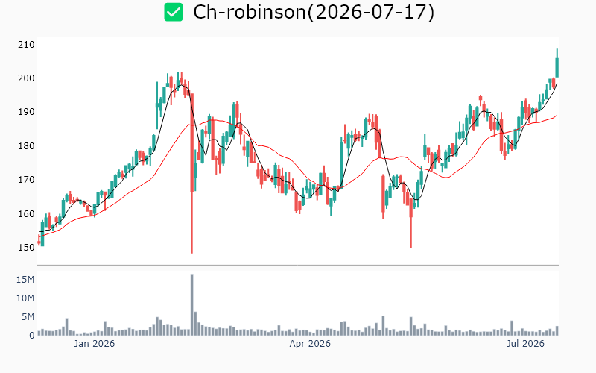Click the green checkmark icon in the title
[x=174, y=12]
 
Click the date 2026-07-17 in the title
[x=371, y=12]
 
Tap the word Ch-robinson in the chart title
[x=250, y=12]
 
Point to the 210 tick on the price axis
[x=26, y=45]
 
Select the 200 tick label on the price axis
[x=26, y=78]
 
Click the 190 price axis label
[x=26, y=112]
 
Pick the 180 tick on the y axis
[x=26, y=145]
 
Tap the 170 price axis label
[x=26, y=179]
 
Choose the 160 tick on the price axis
[x=26, y=213]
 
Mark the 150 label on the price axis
[x=26, y=248]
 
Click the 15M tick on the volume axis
[x=25, y=280]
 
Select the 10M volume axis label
[x=25, y=298]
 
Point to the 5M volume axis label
[x=28, y=317]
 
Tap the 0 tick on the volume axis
[x=32, y=336]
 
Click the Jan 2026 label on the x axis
[x=95, y=344]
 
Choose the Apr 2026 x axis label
[x=310, y=344]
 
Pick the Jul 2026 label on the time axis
[x=525, y=344]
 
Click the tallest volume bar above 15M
[x=192, y=304]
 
